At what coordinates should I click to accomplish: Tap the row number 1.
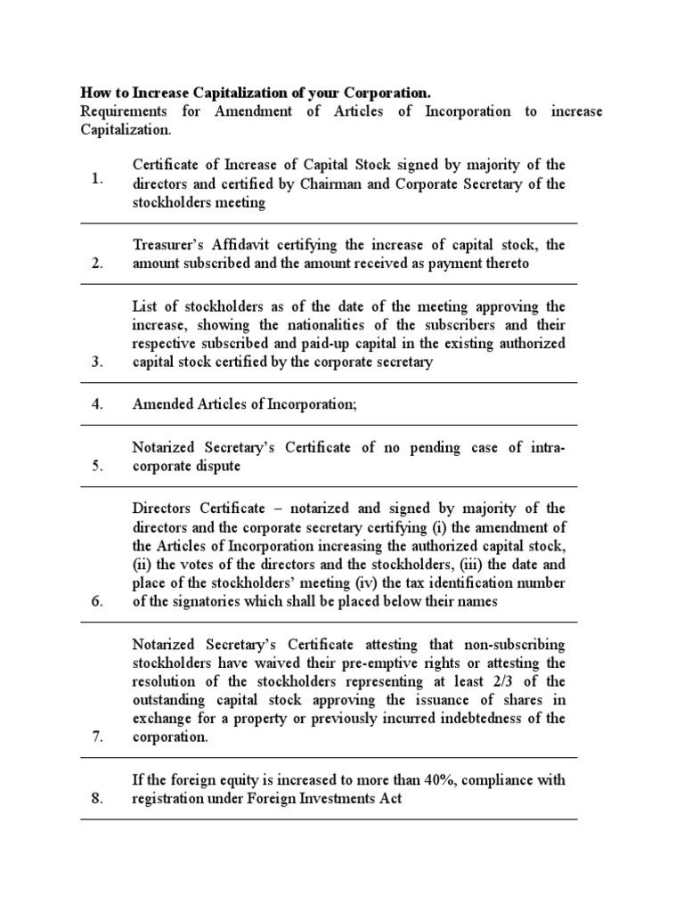click(x=97, y=179)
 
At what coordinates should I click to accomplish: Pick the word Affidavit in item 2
click(x=254, y=244)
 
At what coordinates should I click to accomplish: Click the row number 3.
click(x=97, y=362)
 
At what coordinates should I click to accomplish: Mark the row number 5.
click(x=97, y=466)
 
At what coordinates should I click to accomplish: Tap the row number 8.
click(x=97, y=799)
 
